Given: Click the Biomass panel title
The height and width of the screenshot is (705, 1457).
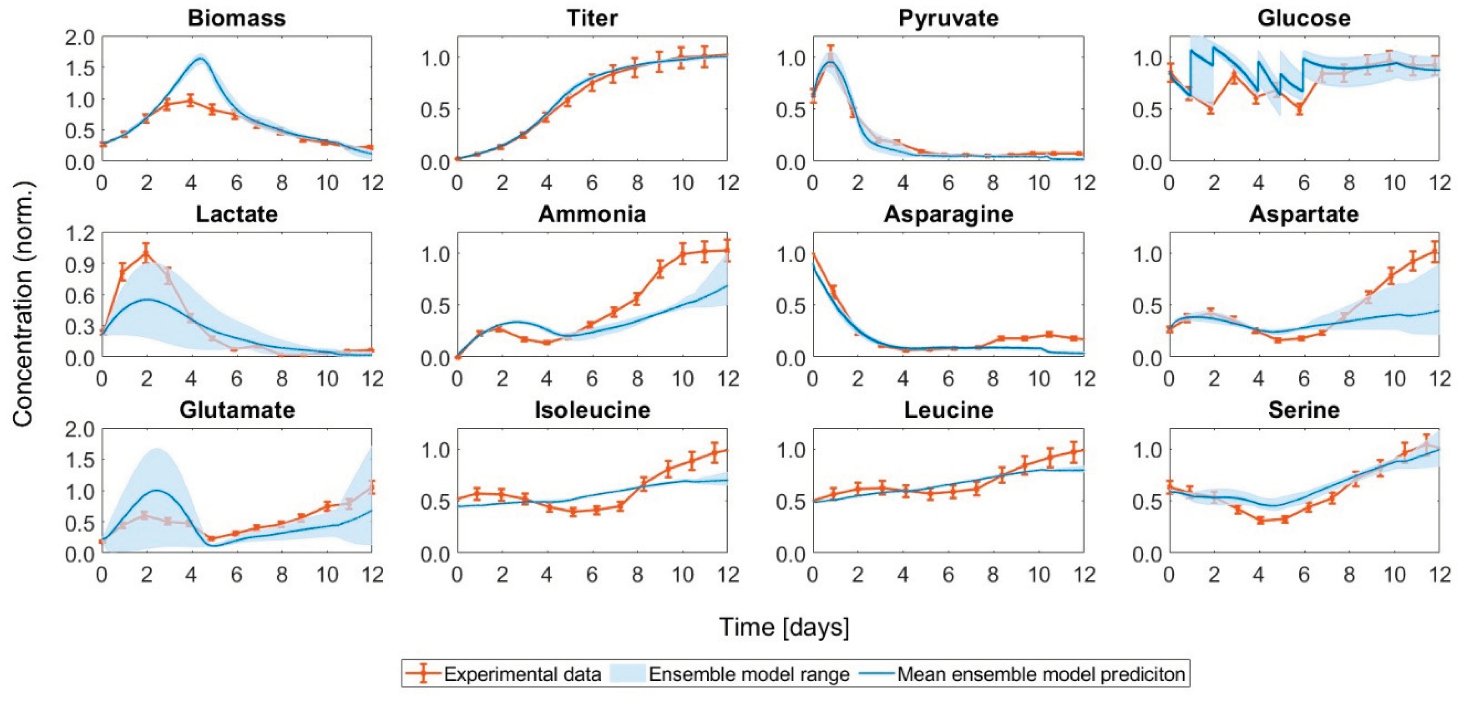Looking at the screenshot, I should [x=237, y=18].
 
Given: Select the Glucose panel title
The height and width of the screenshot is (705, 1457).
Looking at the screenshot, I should [x=1304, y=18].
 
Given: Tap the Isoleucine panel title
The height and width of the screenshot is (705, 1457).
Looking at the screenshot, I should [x=592, y=410].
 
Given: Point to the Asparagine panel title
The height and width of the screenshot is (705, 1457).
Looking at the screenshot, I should [x=948, y=214].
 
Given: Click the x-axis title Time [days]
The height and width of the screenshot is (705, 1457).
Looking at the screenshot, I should [x=784, y=627].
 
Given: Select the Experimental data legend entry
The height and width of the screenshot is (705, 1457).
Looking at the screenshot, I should [x=521, y=674].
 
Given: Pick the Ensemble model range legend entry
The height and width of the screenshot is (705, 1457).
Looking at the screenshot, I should [x=748, y=674].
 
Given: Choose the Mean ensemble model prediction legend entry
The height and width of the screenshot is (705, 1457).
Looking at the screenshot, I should [x=1041, y=674].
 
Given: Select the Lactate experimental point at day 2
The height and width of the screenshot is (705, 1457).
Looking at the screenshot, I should [x=147, y=254].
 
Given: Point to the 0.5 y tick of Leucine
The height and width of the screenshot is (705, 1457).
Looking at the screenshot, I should [x=792, y=502].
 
